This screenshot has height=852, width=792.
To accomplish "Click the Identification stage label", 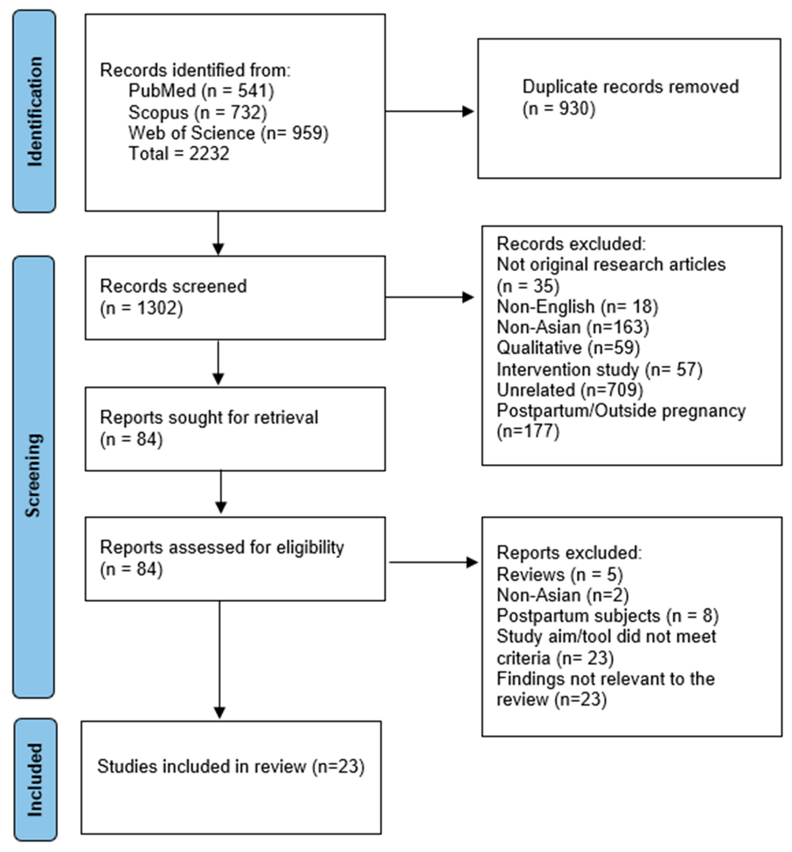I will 34,111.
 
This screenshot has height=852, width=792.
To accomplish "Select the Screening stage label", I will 33,476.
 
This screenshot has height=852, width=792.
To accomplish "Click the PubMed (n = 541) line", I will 201,91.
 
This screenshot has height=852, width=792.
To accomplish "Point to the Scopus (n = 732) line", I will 198,112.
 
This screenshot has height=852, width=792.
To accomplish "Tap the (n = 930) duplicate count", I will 559,109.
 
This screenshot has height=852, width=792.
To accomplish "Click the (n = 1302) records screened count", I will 141,308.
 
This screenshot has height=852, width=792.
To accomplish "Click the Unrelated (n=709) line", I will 570,390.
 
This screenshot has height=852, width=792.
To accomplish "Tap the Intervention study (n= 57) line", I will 599,369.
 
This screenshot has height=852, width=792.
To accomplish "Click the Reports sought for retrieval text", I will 209,418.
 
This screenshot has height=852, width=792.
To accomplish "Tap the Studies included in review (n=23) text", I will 231,766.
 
